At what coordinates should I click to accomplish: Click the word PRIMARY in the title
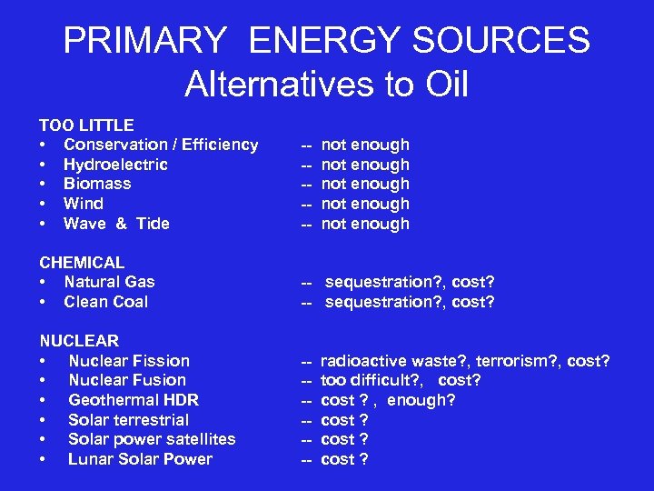coord(144,41)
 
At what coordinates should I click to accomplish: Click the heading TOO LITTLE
coord(86,125)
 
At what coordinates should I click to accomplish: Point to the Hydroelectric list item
coord(115,165)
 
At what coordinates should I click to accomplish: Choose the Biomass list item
coord(97,184)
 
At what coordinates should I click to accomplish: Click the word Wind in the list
coord(84,204)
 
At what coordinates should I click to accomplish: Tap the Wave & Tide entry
coord(116,224)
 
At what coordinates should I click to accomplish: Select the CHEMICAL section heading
coord(82,263)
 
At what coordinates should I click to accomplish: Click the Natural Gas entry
coord(109,282)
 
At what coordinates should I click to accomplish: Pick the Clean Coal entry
coord(105,302)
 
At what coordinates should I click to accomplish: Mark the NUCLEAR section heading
coord(79,341)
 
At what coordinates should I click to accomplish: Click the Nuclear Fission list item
coord(129,361)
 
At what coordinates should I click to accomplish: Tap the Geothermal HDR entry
coord(134,400)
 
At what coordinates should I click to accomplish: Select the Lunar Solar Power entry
coord(140,459)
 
